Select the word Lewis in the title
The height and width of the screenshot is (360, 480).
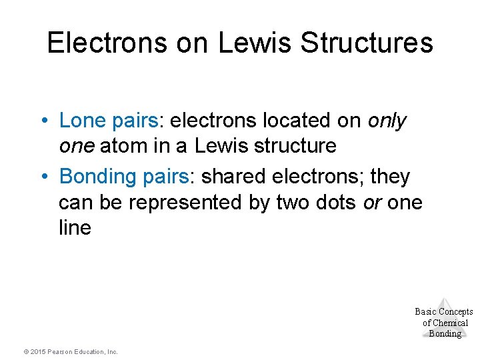coord(253,43)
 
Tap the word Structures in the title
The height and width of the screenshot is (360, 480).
coord(367,43)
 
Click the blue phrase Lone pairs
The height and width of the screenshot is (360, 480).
coord(109,121)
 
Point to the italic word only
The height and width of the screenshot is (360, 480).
coord(387,121)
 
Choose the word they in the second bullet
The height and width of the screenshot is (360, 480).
coord(390,177)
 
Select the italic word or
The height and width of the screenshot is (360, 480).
coord(371,202)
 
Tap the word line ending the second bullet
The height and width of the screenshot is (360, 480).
coord(75,227)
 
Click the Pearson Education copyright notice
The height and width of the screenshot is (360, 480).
coord(70,351)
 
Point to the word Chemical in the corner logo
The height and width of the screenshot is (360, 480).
coord(445,323)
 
